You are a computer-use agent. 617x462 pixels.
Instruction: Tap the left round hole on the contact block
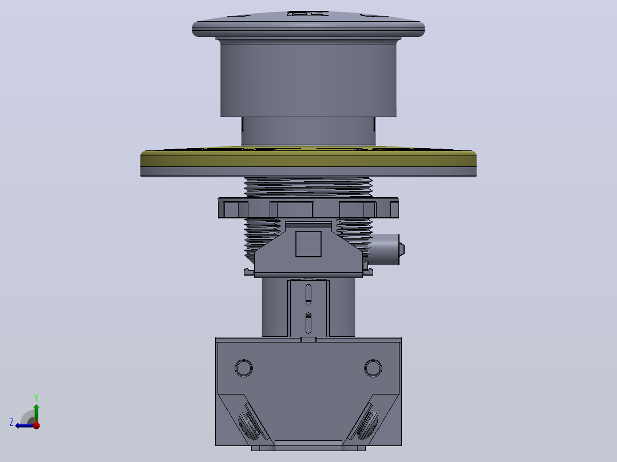pyautogui.click(x=244, y=368)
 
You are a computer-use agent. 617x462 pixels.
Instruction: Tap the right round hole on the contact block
pyautogui.click(x=373, y=368)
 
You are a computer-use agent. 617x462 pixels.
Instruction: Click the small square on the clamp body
pyautogui.click(x=308, y=244)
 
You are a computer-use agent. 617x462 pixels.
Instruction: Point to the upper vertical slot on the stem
pyautogui.click(x=308, y=294)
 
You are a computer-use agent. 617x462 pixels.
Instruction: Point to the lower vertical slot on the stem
pyautogui.click(x=308, y=322)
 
